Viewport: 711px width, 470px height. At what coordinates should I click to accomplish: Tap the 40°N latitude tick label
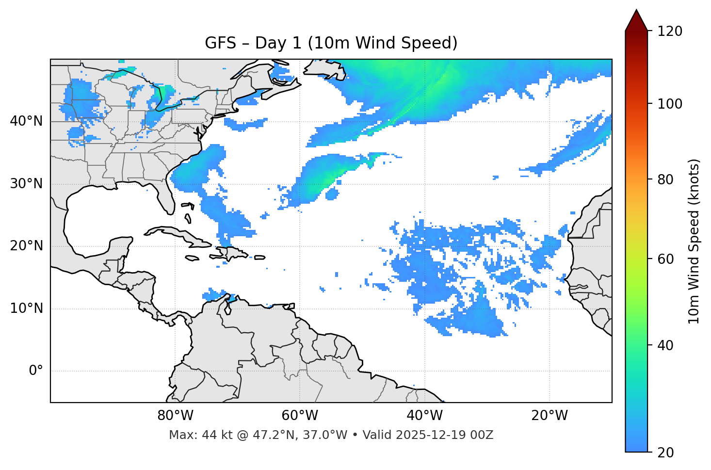[x=26, y=121]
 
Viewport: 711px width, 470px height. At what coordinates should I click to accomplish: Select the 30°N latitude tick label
[x=26, y=184]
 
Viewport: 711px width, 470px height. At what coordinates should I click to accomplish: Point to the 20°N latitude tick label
[x=26, y=246]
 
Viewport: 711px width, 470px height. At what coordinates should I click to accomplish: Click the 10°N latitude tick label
[x=26, y=308]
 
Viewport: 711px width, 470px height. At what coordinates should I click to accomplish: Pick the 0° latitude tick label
[x=36, y=371]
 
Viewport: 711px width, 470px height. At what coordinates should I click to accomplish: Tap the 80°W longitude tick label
[x=175, y=416]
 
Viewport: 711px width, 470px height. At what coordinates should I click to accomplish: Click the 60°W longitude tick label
[x=300, y=416]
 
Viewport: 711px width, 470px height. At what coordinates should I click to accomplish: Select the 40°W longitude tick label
[x=424, y=416]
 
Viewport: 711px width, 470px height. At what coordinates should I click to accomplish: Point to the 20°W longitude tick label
[x=549, y=416]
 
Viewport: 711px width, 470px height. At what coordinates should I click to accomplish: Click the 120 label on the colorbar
[x=670, y=32]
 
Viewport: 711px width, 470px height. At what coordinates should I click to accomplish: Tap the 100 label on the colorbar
[x=670, y=104]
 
